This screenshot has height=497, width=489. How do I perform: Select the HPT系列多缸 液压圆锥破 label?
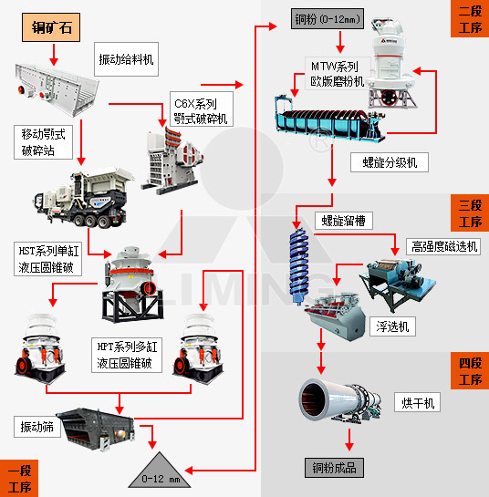tap(129, 356)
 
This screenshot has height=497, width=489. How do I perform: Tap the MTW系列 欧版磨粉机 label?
tap(336, 74)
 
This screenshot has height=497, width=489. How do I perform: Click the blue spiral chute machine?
tap(297, 261)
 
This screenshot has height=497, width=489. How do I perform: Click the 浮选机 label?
tap(394, 326)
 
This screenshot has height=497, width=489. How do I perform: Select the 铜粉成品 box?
tap(335, 469)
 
